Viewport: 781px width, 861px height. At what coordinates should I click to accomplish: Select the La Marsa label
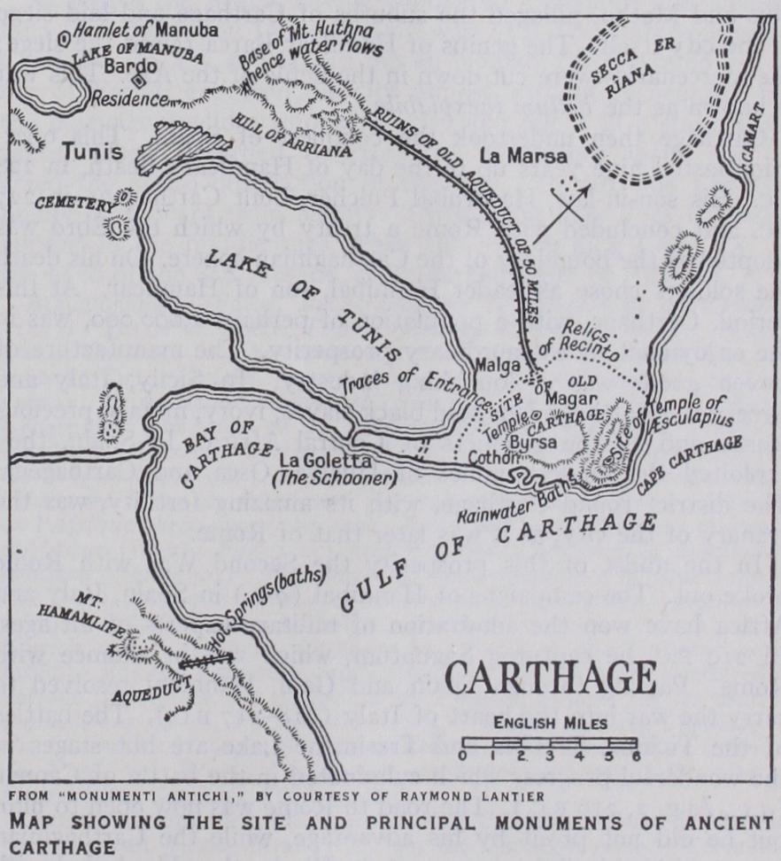pos(510,158)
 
